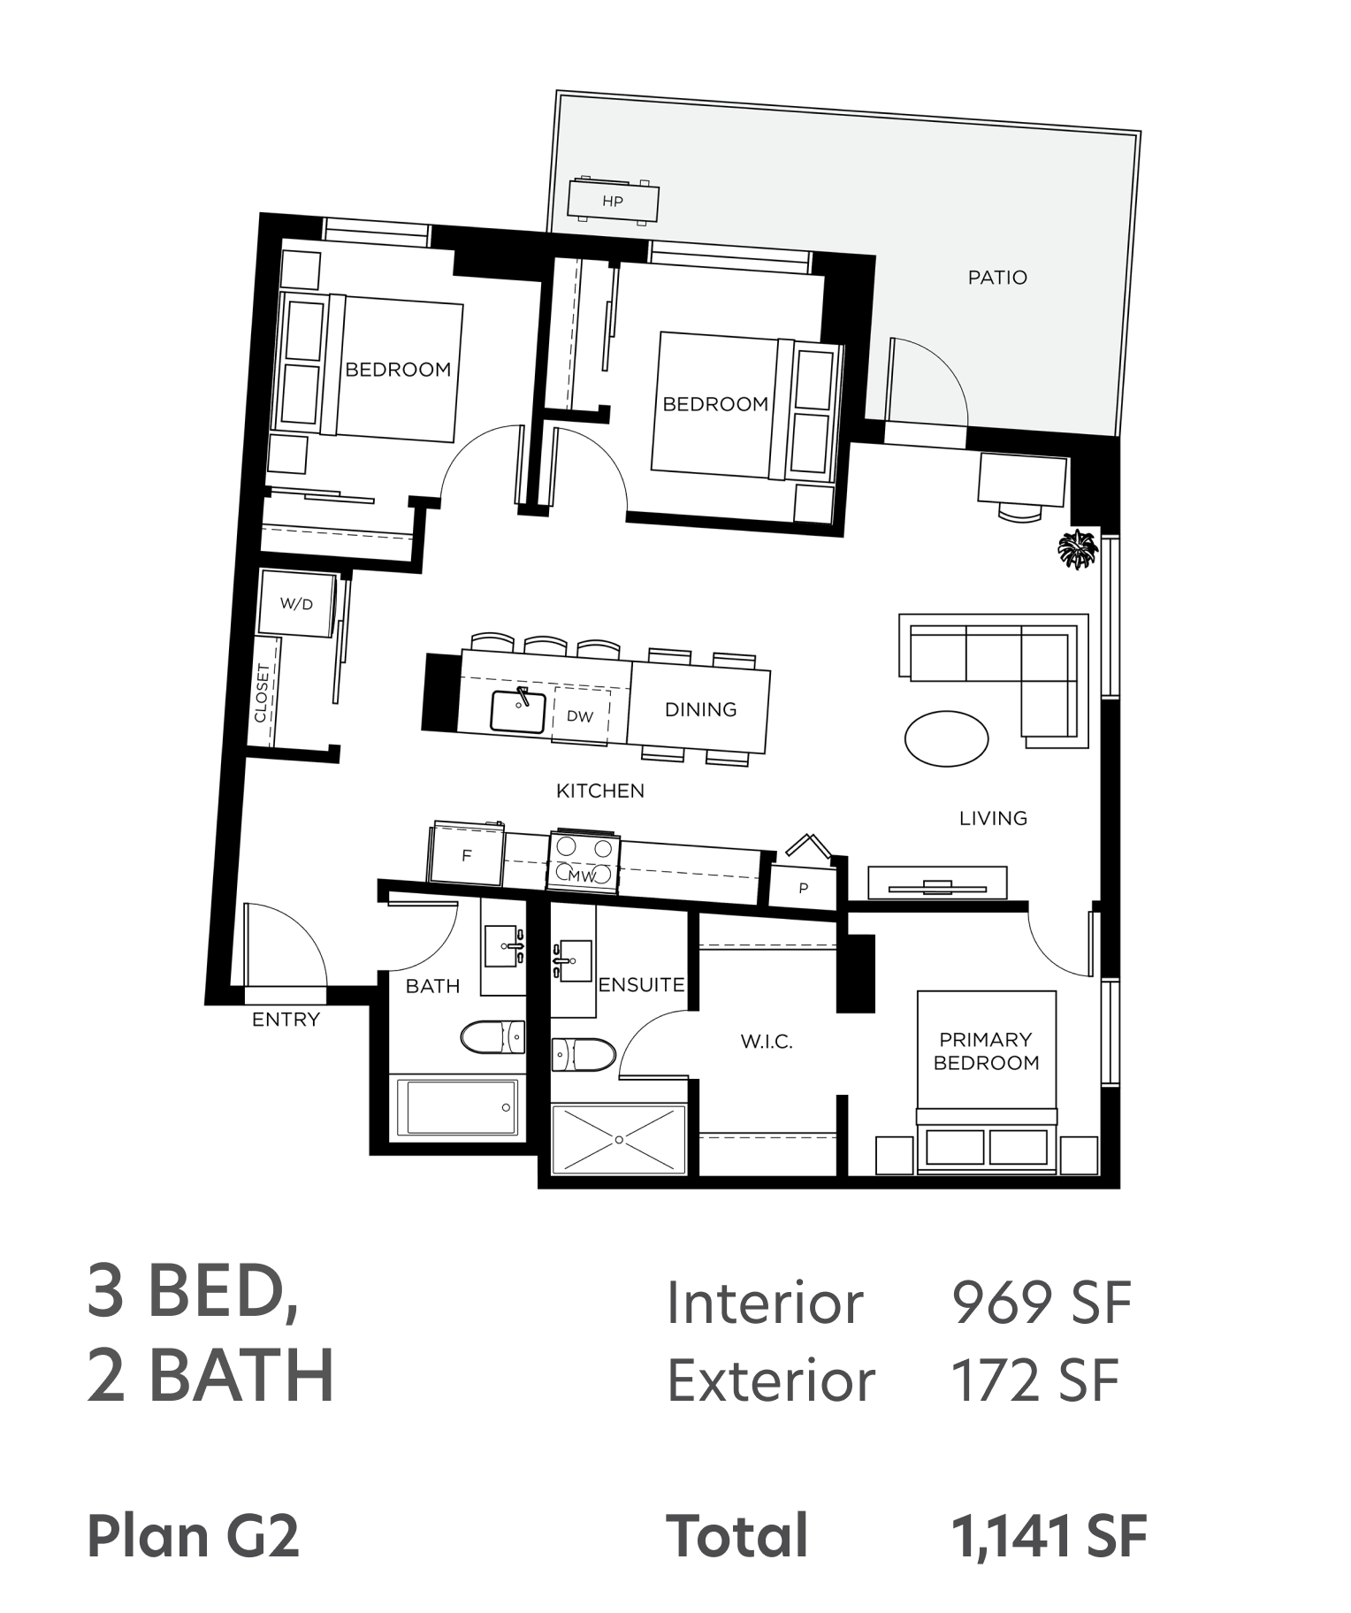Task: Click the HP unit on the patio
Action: (613, 201)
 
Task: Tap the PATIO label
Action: (997, 278)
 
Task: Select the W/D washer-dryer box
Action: (297, 604)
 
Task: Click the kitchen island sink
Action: (517, 711)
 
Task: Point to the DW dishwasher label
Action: (580, 716)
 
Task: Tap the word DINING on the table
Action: (700, 709)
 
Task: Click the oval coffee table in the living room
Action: (947, 738)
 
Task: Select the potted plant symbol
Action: (1078, 549)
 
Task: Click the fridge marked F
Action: (466, 854)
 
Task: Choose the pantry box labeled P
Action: (803, 887)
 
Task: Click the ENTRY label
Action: (286, 1020)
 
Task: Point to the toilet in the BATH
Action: (493, 1037)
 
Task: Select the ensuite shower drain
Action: (619, 1140)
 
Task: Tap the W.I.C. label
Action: (767, 1043)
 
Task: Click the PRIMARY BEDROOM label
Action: (986, 1051)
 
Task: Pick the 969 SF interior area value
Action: (1042, 1303)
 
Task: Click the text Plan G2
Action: (194, 1536)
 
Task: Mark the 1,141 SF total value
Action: (1049, 1536)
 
